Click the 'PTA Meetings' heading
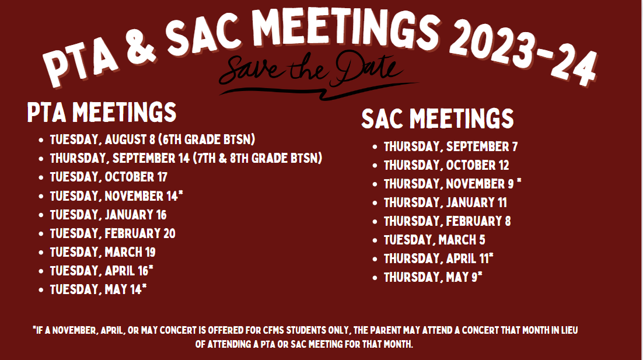[x=102, y=113]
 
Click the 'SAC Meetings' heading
[x=438, y=119]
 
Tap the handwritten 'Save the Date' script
[x=314, y=73]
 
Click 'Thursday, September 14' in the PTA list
[x=120, y=158]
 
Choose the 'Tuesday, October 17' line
[x=109, y=177]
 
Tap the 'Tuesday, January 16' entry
[x=109, y=215]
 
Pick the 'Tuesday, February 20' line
[x=113, y=234]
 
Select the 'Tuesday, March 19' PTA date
[x=103, y=252]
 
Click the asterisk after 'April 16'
[x=151, y=267]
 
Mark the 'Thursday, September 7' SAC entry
[x=450, y=147]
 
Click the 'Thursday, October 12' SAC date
[x=446, y=165]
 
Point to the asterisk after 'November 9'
[x=519, y=181]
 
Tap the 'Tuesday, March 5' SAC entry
[x=434, y=240]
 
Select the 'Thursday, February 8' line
[x=448, y=221]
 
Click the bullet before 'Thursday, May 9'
[x=375, y=278]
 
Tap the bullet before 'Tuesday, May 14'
[x=41, y=291]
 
